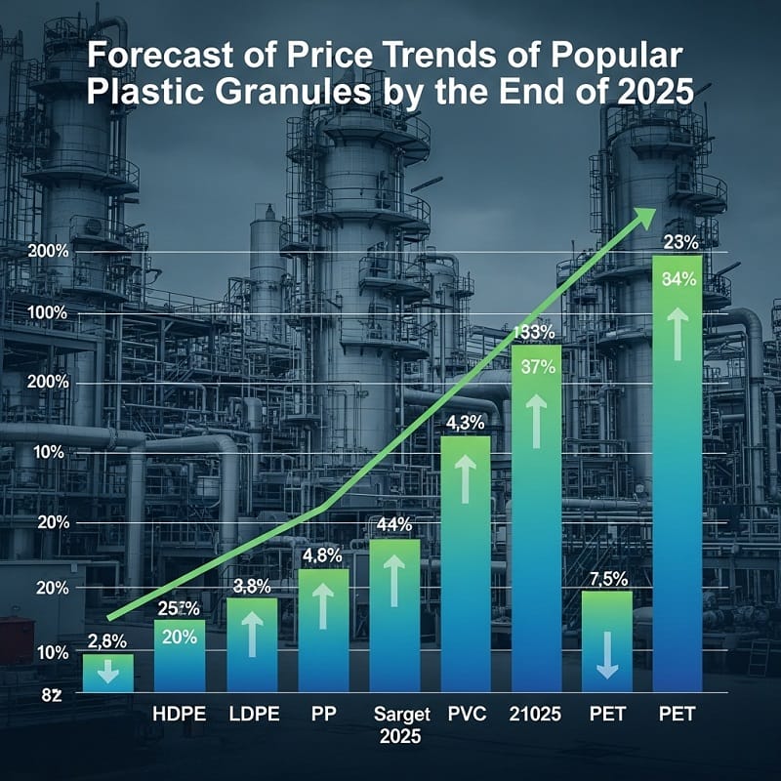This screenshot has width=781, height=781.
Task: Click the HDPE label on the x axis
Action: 180,713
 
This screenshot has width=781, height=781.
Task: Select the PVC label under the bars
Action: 465,713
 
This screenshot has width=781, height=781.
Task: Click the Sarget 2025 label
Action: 395,723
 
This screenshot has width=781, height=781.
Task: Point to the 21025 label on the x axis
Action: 535,713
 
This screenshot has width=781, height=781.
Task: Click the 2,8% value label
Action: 107,641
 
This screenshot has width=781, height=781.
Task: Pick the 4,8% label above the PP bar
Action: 323,556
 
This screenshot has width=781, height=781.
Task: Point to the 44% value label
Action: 394,524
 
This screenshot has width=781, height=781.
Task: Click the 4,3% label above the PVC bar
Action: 465,423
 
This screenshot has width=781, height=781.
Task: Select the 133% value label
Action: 535,332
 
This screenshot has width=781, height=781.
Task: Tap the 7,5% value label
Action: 607,578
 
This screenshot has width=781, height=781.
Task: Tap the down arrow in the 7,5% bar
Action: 607,653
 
